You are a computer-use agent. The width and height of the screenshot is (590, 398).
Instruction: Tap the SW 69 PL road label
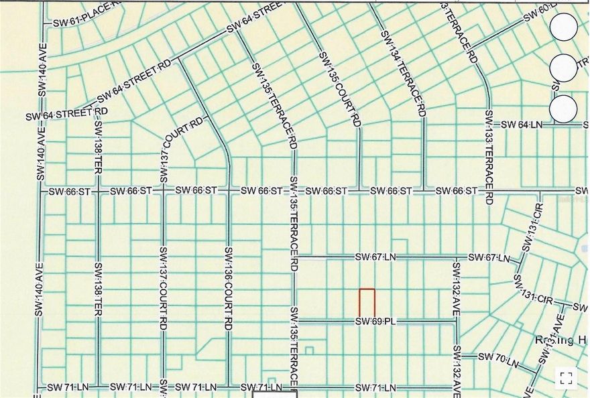coord(375,322)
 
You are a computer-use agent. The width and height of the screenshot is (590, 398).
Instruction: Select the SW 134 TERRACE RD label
coord(404,73)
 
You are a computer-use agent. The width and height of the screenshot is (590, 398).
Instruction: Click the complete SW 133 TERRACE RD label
coord(489,157)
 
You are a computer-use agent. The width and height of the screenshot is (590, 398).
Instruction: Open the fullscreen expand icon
coord(565,377)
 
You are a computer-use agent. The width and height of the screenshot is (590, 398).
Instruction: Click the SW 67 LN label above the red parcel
coord(375,257)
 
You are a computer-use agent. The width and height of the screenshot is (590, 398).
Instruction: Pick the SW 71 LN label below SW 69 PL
coord(375,387)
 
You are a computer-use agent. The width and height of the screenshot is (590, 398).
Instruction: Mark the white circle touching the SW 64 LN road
coord(563,109)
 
